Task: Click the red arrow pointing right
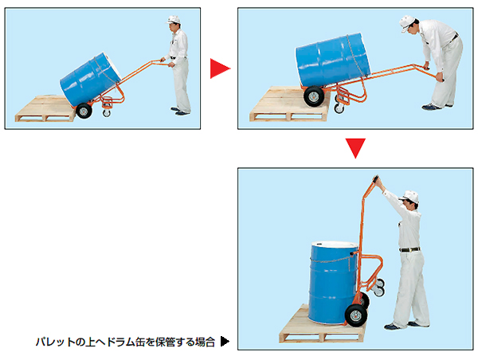(219, 68)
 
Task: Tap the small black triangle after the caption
(225, 342)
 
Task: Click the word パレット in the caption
(55, 342)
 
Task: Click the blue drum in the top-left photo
(91, 80)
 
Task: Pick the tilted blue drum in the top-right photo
(333, 60)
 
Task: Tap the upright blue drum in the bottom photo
(332, 283)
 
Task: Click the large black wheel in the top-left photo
(84, 111)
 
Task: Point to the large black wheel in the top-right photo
(314, 96)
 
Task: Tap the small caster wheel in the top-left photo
(107, 113)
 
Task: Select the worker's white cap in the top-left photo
(173, 20)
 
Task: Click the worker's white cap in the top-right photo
(406, 22)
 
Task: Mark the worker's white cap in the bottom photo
(409, 197)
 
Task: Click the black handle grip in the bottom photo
(375, 179)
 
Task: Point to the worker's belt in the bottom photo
(409, 249)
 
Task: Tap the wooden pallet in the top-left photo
(45, 108)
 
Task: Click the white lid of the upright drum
(335, 245)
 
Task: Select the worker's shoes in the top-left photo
(181, 112)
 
